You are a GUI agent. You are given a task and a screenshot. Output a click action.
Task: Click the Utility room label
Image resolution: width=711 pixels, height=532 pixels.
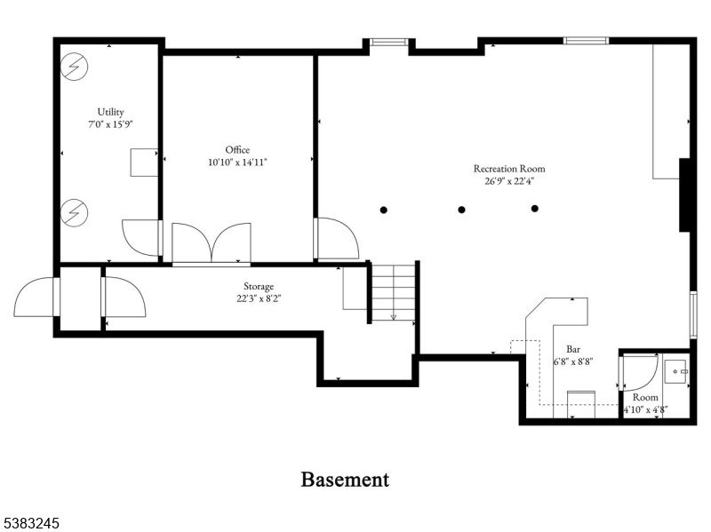110,112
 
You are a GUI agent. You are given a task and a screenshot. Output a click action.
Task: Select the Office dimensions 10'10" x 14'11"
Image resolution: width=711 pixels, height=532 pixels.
237,163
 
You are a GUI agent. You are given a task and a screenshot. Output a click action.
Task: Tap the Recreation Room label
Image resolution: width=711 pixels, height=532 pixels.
509,169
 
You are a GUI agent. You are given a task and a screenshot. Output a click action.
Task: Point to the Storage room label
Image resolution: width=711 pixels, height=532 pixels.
259,286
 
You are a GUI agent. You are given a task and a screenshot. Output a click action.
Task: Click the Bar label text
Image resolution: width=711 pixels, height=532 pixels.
573,349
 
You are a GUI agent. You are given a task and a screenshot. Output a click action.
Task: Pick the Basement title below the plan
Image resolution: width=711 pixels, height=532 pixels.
345,480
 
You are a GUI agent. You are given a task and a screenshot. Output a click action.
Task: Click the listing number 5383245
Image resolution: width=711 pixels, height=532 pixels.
30,523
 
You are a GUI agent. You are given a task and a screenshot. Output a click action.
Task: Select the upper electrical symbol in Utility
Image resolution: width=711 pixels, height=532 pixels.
74,67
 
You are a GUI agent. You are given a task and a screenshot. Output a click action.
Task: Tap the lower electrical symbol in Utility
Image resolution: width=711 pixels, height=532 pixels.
74,212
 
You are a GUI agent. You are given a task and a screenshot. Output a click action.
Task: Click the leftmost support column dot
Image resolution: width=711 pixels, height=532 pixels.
384,210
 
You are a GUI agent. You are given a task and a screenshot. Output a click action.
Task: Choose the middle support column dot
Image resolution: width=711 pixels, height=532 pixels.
461,210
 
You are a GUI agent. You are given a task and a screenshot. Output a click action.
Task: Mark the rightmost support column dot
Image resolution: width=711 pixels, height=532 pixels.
535,209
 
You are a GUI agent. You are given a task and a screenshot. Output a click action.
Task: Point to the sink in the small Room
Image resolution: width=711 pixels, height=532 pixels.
676,371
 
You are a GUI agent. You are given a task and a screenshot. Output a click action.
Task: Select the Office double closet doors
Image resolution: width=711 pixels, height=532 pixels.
212,242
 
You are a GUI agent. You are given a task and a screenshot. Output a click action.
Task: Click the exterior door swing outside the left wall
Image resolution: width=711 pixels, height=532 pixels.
34,297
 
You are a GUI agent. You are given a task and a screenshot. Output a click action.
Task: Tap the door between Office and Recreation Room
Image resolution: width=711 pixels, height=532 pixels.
338,239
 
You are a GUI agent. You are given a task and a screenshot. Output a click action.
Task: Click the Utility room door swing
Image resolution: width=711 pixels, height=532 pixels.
140,238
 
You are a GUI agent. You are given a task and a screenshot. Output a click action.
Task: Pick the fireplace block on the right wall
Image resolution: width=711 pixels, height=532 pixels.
684,195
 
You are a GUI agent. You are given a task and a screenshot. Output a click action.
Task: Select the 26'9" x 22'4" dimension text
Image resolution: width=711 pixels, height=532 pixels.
509,181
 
